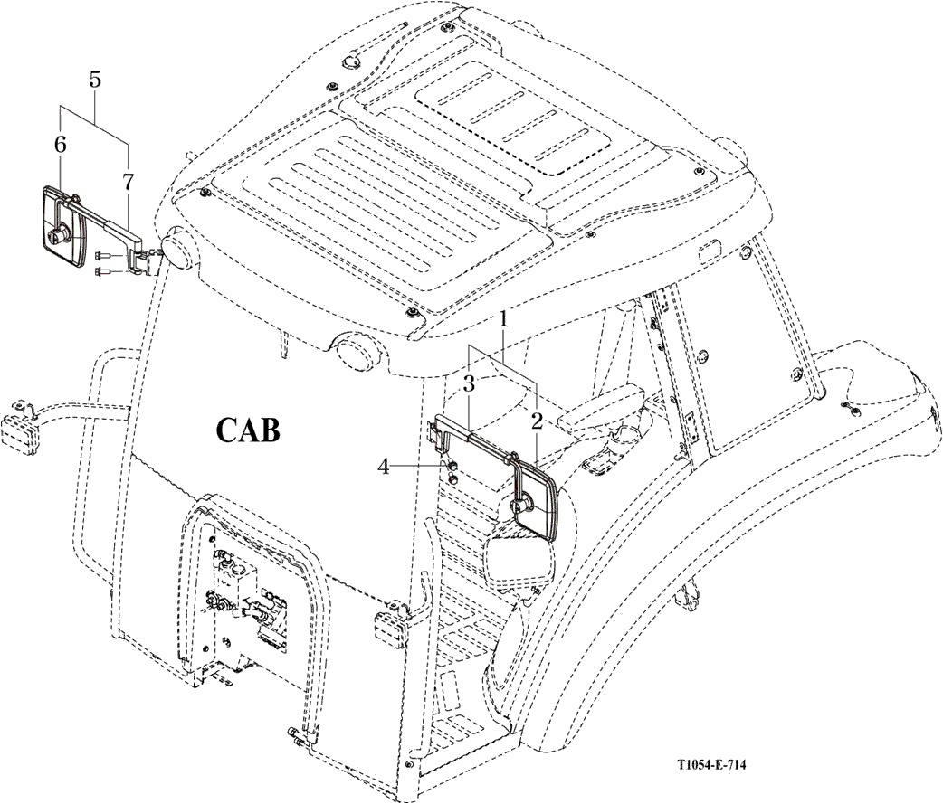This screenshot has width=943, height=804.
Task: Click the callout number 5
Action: pyautogui.click(x=95, y=79)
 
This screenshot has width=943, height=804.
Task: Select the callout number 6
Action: pyautogui.click(x=61, y=144)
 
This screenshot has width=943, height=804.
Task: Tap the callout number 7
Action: pyautogui.click(x=129, y=181)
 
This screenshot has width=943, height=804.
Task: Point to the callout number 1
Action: pyautogui.click(x=504, y=319)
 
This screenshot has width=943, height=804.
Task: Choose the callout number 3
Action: pyautogui.click(x=470, y=383)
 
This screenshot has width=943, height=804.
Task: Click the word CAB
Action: pyautogui.click(x=247, y=429)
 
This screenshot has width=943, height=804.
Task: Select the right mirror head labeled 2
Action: pyautogui.click(x=536, y=502)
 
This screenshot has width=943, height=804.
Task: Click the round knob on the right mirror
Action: pyautogui.click(x=522, y=507)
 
